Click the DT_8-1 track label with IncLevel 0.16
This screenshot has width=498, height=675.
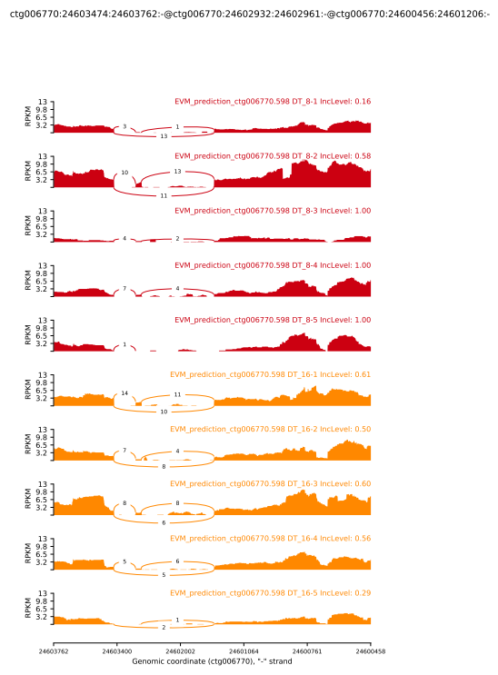(x=272, y=102)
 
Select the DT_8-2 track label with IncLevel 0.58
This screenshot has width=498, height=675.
(x=272, y=156)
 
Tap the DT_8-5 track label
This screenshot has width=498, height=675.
(x=272, y=320)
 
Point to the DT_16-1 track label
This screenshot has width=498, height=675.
(x=270, y=374)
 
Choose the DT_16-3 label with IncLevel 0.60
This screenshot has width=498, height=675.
(x=270, y=483)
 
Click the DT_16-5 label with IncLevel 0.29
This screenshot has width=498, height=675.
(x=270, y=592)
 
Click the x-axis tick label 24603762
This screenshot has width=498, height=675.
(x=54, y=650)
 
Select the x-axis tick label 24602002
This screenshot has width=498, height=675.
(x=180, y=650)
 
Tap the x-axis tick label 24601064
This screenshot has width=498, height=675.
(x=244, y=650)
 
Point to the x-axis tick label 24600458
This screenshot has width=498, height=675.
(x=370, y=650)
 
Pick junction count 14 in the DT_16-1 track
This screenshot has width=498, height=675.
(x=124, y=393)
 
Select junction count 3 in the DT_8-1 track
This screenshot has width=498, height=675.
(x=124, y=127)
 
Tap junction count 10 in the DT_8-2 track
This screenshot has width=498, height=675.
(x=124, y=172)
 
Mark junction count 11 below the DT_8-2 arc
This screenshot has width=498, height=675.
(x=164, y=195)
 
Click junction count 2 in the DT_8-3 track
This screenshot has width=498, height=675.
(x=178, y=238)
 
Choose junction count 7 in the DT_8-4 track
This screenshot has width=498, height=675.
(x=124, y=288)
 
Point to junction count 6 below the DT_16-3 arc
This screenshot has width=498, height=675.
(x=164, y=522)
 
